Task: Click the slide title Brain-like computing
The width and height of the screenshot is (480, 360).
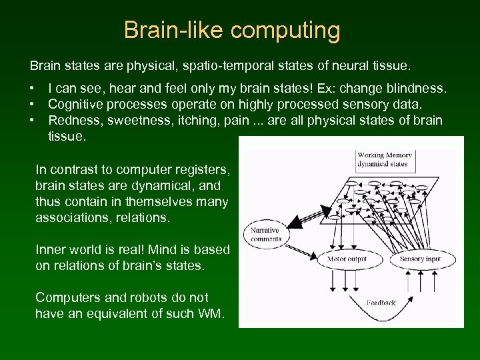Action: click(231, 30)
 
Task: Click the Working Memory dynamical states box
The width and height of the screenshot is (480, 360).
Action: click(384, 159)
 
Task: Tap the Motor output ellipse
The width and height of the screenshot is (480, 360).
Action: click(346, 259)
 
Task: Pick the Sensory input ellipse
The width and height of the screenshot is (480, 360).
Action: click(421, 259)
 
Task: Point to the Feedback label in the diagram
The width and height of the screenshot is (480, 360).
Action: click(381, 303)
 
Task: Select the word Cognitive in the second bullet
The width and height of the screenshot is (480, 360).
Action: click(75, 104)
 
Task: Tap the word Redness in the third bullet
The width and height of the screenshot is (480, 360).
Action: click(73, 120)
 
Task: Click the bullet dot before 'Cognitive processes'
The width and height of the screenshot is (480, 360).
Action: click(31, 105)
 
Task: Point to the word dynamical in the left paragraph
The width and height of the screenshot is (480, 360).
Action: click(149, 186)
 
